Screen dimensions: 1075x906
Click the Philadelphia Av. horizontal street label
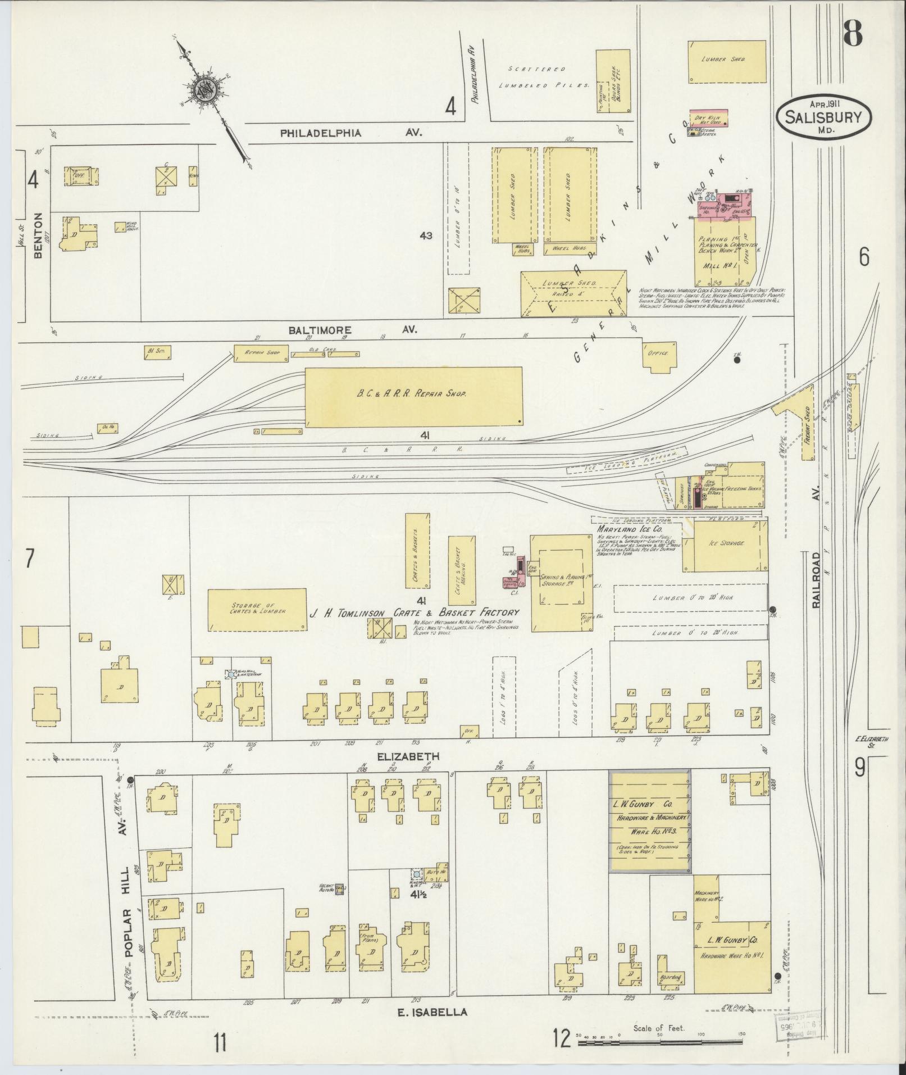tap(350, 133)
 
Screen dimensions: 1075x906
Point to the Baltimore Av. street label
tap(353, 330)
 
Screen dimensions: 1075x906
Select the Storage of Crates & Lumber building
tap(258, 609)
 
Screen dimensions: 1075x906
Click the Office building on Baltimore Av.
tap(659, 355)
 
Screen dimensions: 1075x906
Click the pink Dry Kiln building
tap(708, 117)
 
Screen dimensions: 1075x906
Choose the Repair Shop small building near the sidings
tap(261, 355)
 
